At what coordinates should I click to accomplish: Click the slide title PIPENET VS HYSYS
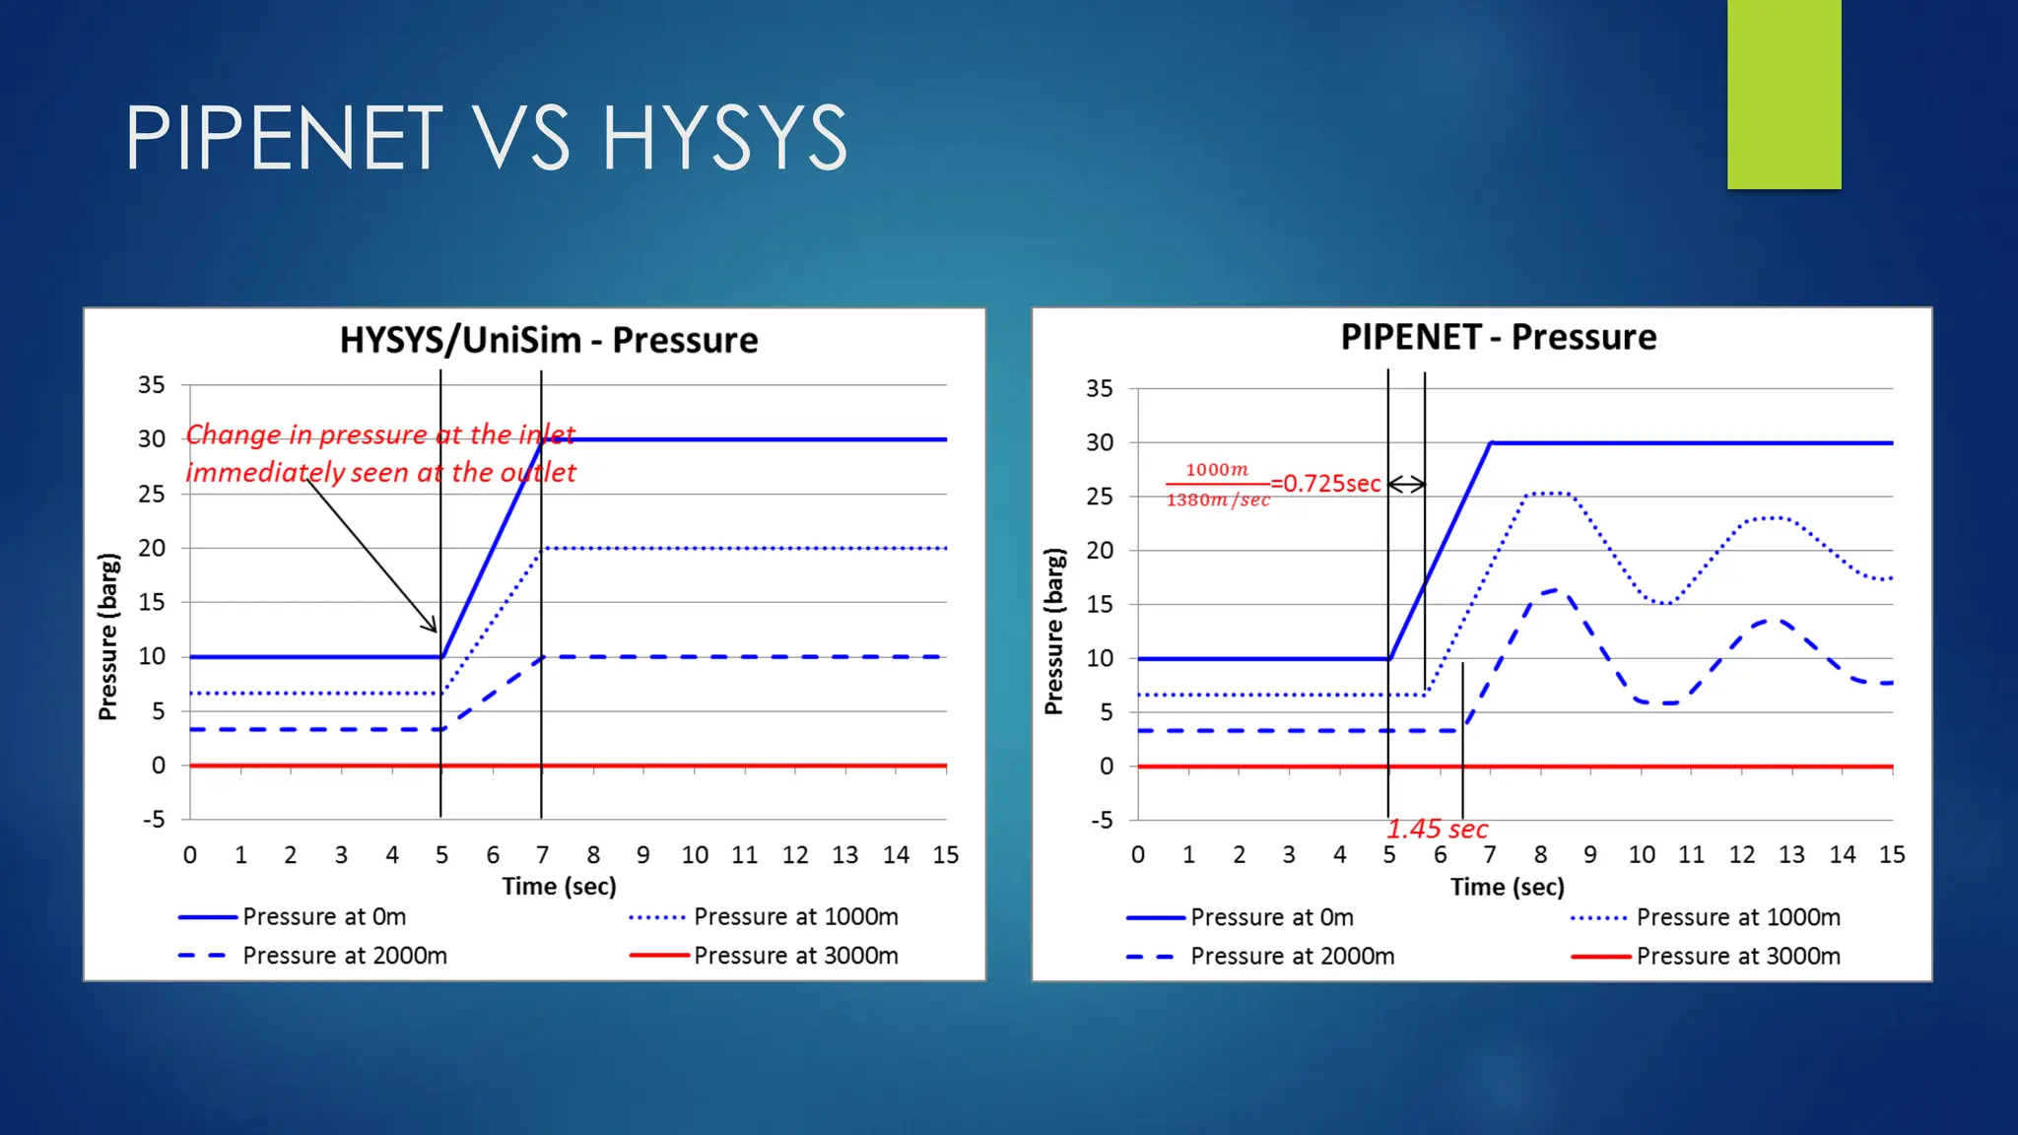point(486,138)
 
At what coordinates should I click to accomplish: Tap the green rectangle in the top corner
point(1783,94)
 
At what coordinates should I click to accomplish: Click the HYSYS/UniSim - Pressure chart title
point(549,340)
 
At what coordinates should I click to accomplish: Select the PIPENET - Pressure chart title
point(1498,337)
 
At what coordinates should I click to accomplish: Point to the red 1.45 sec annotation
point(1437,830)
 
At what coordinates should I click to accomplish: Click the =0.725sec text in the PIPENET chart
point(1326,484)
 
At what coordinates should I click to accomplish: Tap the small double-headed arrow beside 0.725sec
point(1407,484)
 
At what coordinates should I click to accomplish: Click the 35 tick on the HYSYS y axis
point(151,385)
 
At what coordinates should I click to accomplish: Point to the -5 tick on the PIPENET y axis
point(1101,821)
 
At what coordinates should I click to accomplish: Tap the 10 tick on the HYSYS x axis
point(695,855)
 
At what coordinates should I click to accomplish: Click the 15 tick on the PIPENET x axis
point(1891,855)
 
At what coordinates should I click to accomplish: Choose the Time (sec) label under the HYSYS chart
point(559,887)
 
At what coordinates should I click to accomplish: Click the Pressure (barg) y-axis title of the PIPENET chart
point(1053,632)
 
